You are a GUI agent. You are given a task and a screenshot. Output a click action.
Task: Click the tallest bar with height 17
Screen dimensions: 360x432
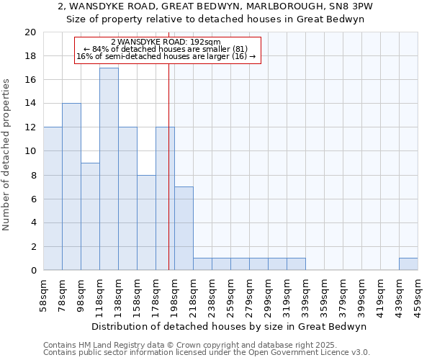click(x=109, y=169)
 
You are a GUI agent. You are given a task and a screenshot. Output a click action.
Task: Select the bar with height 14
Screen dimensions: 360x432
click(x=71, y=186)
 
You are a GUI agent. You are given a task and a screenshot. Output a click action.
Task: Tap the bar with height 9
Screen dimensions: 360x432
click(x=90, y=216)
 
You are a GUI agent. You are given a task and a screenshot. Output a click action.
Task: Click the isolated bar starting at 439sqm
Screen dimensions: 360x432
click(x=408, y=264)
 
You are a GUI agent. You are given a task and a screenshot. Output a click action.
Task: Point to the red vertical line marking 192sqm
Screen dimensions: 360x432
click(x=168, y=180)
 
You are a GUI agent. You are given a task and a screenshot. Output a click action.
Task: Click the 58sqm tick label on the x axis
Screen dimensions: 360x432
click(x=43, y=296)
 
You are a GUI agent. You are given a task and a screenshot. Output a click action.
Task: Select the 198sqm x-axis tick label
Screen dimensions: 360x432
click(x=174, y=296)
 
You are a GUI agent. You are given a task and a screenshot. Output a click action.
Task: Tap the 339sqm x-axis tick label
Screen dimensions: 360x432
click(x=305, y=296)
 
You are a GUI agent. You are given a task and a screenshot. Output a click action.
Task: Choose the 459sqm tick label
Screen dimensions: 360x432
click(x=418, y=296)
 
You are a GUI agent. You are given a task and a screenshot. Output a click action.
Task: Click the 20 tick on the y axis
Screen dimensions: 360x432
click(x=30, y=32)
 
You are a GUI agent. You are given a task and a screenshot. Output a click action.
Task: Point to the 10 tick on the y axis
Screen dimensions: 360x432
click(x=30, y=151)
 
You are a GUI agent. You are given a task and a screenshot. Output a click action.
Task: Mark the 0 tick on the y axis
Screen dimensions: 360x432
click(x=32, y=270)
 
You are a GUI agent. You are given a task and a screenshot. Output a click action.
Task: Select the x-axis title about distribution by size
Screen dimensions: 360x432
click(x=230, y=326)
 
